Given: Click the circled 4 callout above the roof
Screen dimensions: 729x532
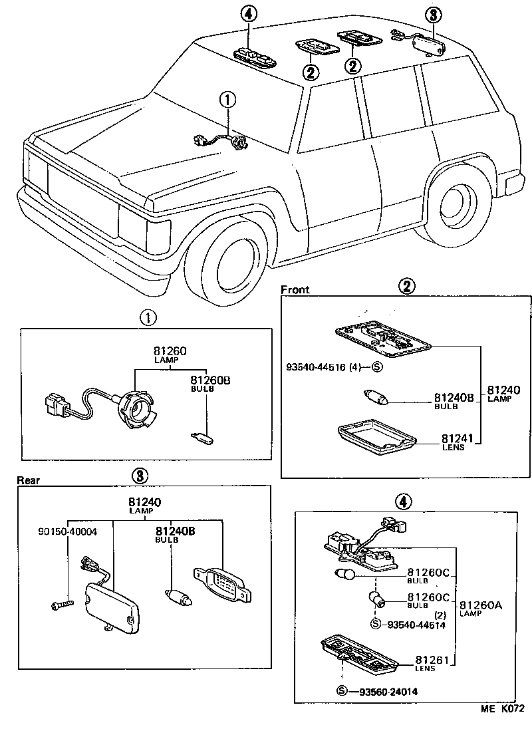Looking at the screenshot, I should (x=248, y=14).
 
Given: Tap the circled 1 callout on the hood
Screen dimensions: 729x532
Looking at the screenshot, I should (x=227, y=100).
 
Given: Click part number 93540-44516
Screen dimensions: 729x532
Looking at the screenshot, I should (x=320, y=366).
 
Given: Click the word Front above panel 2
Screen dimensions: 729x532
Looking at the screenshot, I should (x=295, y=290).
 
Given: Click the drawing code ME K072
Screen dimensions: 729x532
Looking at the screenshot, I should (x=503, y=710).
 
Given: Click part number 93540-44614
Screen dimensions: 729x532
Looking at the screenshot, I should (x=417, y=625).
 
